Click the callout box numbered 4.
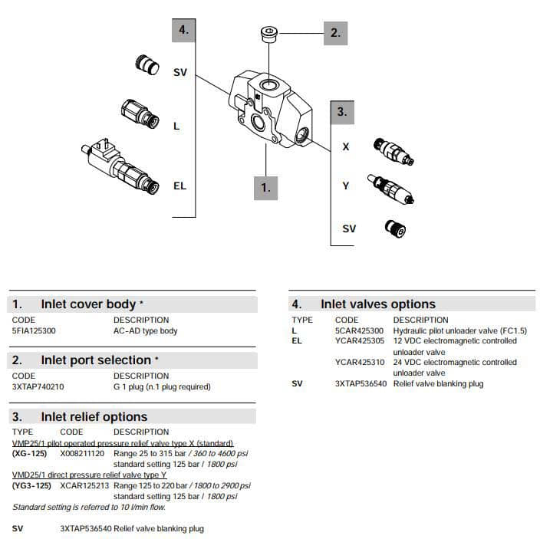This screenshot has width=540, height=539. [x=183, y=31]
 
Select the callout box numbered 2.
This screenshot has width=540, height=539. [x=335, y=33]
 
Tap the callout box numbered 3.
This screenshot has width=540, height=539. [x=341, y=112]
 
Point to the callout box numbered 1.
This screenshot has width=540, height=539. [x=265, y=187]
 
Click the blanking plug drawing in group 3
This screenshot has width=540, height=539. [x=394, y=228]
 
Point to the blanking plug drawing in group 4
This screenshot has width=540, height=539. [x=146, y=66]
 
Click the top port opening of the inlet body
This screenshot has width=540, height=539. [x=268, y=83]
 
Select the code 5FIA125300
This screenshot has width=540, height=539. [x=34, y=331]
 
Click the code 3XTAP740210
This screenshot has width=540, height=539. [x=38, y=387]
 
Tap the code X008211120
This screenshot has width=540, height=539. [x=84, y=454]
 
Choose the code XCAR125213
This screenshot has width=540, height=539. [x=84, y=486]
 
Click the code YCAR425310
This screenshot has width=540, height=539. [x=361, y=363]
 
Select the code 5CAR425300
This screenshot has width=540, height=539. [x=361, y=331]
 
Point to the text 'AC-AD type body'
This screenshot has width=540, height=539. [x=145, y=331]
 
